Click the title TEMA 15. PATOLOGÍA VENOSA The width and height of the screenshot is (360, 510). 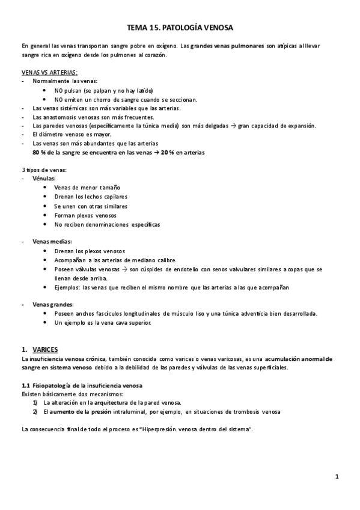pos(180,28)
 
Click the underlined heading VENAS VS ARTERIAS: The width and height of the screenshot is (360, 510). pos(49,72)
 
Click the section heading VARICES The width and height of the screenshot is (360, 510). pos(44,349)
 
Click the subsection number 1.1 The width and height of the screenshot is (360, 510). pos(25,385)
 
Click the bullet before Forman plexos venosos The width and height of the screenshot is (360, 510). pos(46,215)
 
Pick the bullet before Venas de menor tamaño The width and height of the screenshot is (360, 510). pos(46,188)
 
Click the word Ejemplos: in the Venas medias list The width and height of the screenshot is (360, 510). pos(66,287)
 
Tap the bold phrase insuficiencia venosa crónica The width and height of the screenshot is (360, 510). pos(67,358)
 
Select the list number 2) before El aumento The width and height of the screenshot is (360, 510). pos(35,411)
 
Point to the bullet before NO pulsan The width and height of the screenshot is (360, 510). pos(46,90)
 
